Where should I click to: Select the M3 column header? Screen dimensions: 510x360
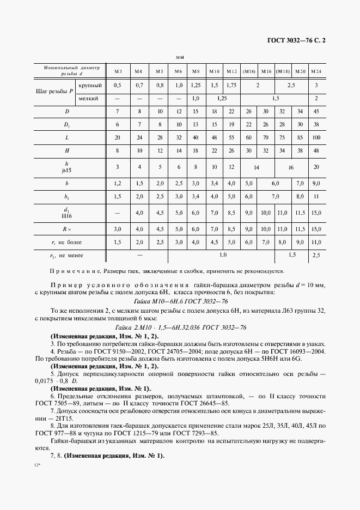[x=118, y=71]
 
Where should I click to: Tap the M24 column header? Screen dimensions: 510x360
[x=316, y=71]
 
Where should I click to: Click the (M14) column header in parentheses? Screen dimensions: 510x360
[x=249, y=71]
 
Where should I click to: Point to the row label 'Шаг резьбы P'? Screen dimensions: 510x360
[x=54, y=92]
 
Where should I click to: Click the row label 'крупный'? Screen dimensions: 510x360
[x=88, y=86]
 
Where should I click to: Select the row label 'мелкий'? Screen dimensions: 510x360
[x=88, y=99]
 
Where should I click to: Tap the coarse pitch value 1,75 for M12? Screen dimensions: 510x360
[x=231, y=86]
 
